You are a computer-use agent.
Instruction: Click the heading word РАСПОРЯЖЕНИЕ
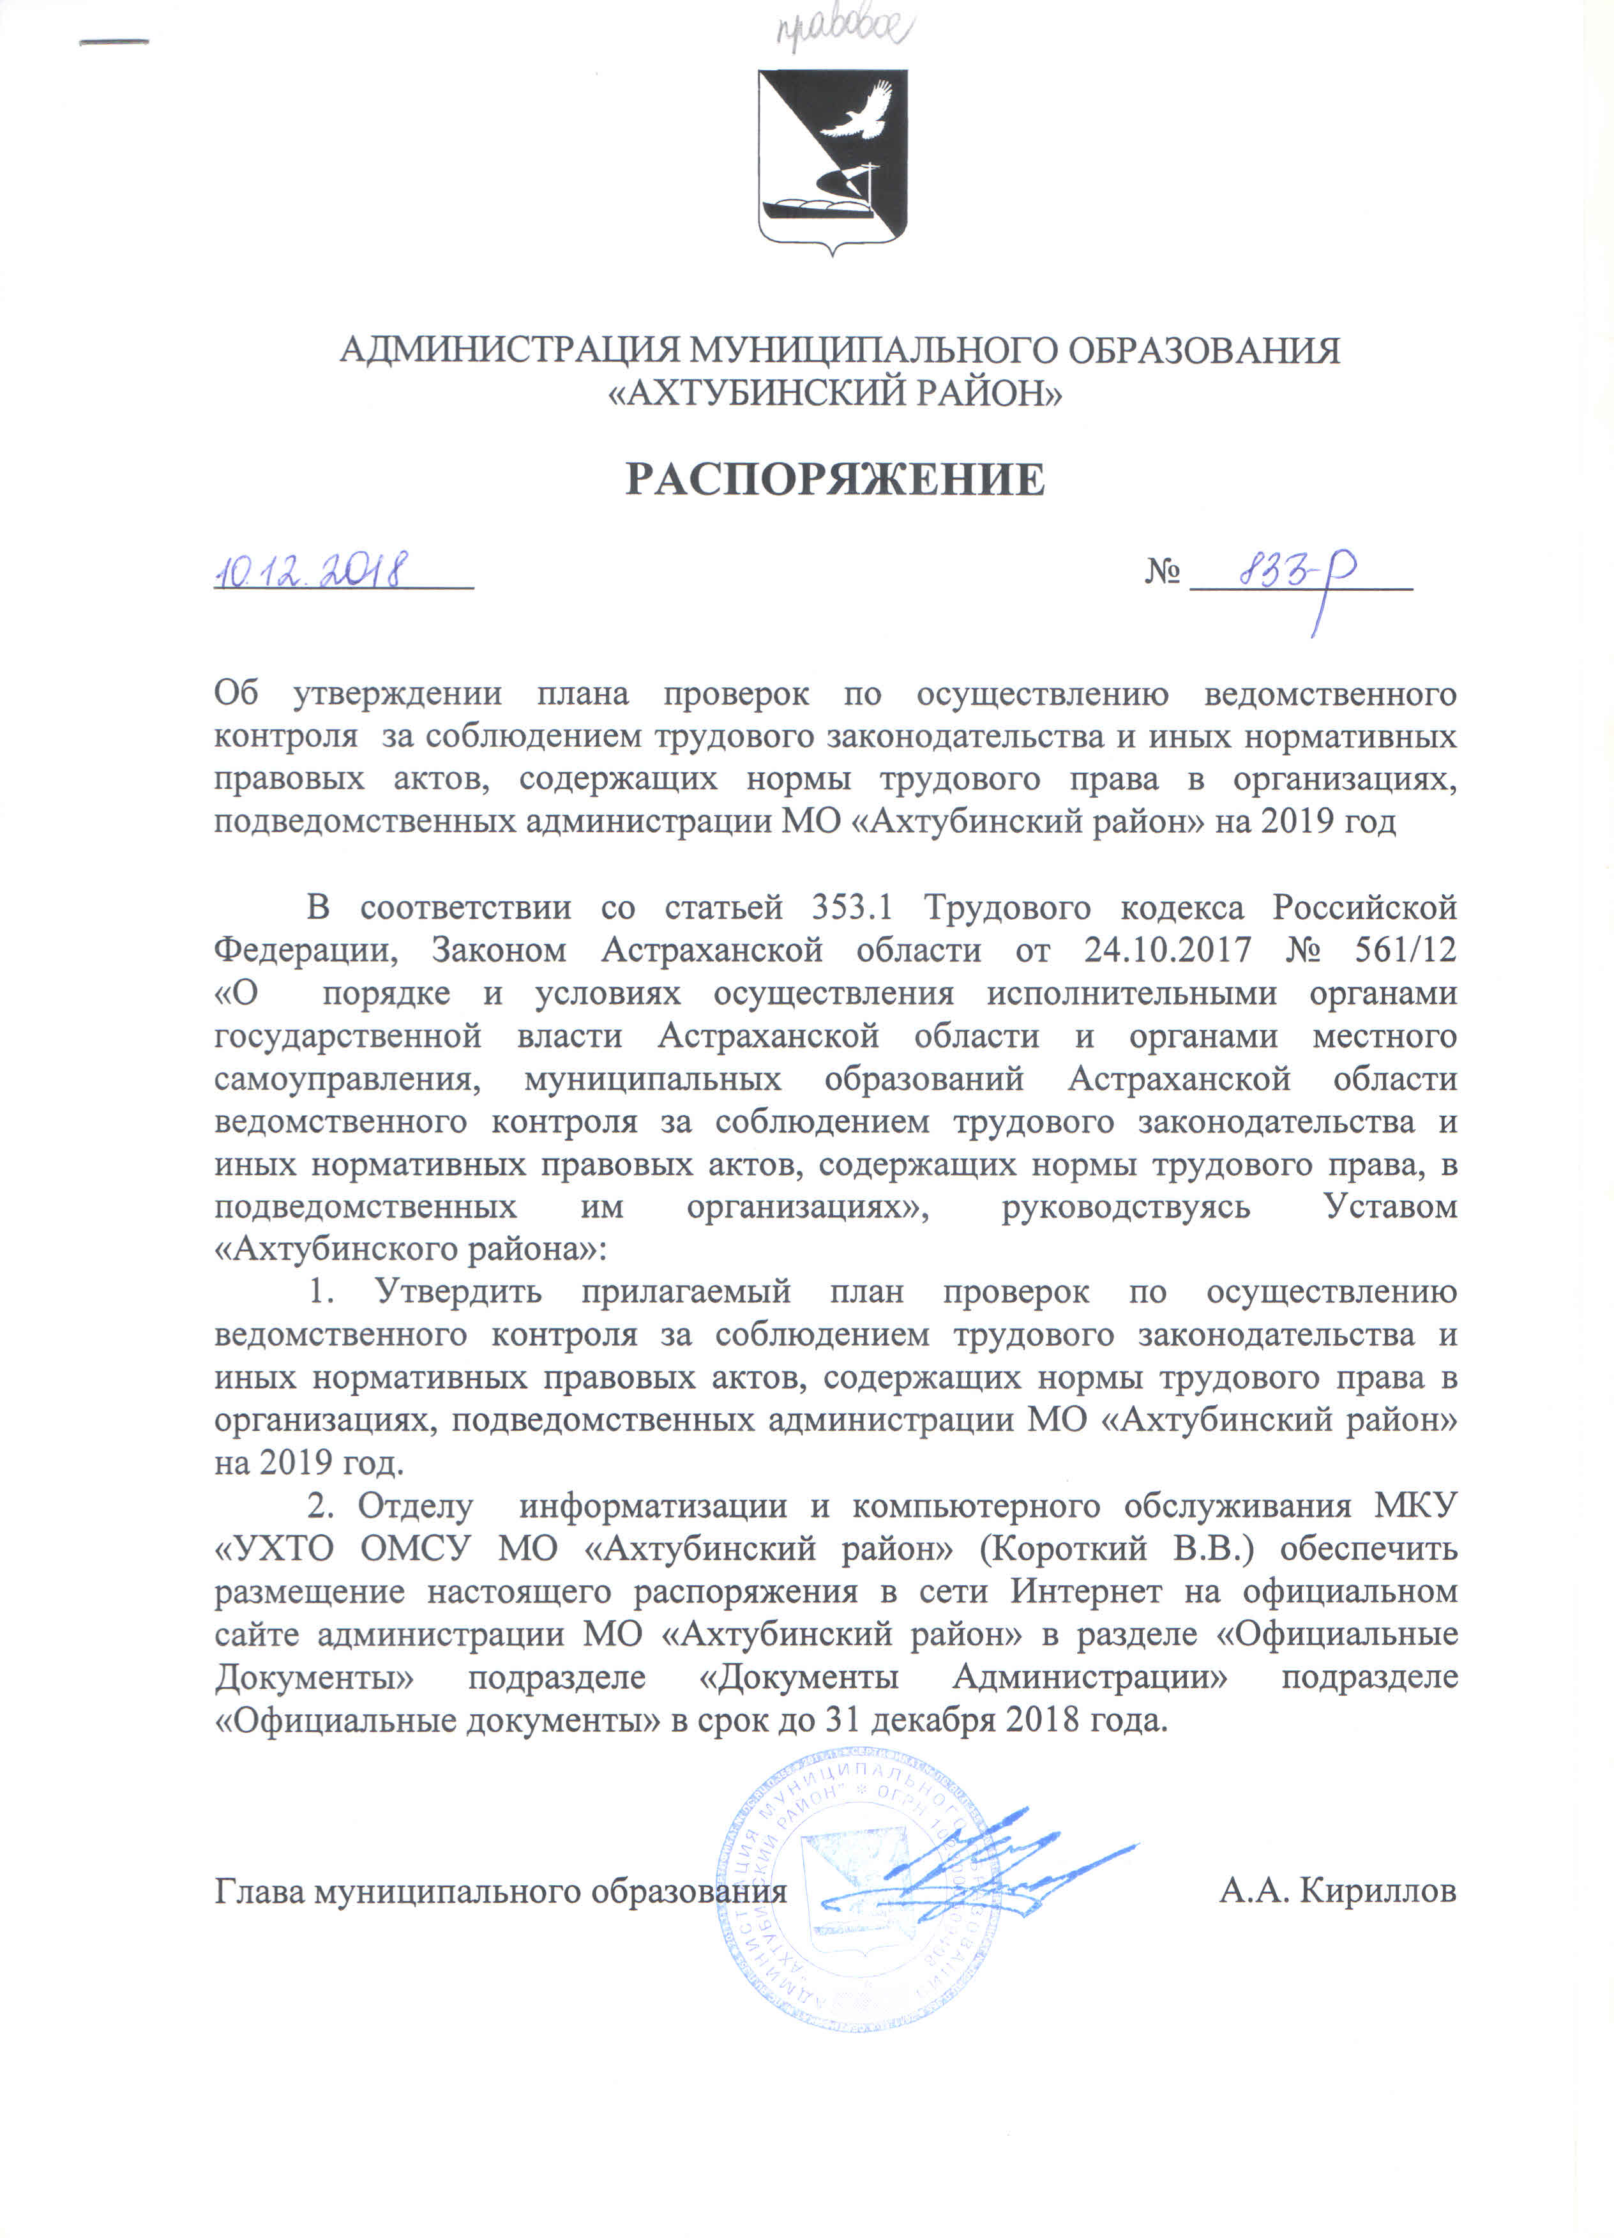point(834,480)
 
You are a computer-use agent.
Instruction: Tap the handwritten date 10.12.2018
point(311,570)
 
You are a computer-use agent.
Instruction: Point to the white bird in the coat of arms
point(856,110)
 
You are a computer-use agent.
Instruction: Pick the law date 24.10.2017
point(1167,949)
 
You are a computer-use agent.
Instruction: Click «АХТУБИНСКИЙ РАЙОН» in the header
point(834,393)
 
